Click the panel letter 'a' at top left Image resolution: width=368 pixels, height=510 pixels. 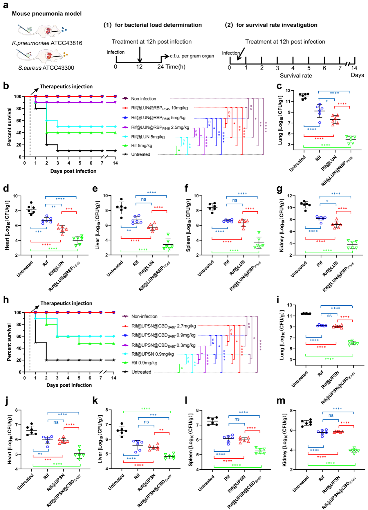coord(6,5)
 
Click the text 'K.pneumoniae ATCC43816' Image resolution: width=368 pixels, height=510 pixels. coord(47,43)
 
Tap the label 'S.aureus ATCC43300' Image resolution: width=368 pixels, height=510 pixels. coord(46,68)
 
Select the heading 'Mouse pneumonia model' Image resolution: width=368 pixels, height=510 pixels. coord(47,14)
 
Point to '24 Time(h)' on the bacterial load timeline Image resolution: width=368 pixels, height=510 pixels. coord(171,67)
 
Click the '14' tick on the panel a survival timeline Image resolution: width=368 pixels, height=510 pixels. coord(354,68)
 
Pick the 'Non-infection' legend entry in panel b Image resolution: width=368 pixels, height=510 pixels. coord(143,99)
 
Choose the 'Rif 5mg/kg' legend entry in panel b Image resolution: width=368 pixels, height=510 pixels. coord(142,145)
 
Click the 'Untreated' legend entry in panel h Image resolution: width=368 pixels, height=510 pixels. coord(141,372)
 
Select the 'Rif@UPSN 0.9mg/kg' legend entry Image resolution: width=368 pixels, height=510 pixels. coord(153,354)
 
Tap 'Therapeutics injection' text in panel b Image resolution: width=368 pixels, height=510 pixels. coord(66,86)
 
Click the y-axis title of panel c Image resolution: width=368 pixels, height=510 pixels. coord(280,120)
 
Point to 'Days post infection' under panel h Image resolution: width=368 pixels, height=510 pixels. coord(69,385)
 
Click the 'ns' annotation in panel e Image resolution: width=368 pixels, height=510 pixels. coord(144,199)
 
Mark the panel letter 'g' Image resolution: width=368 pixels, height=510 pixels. coord(279,189)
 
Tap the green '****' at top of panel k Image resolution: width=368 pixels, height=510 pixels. coord(145,409)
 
